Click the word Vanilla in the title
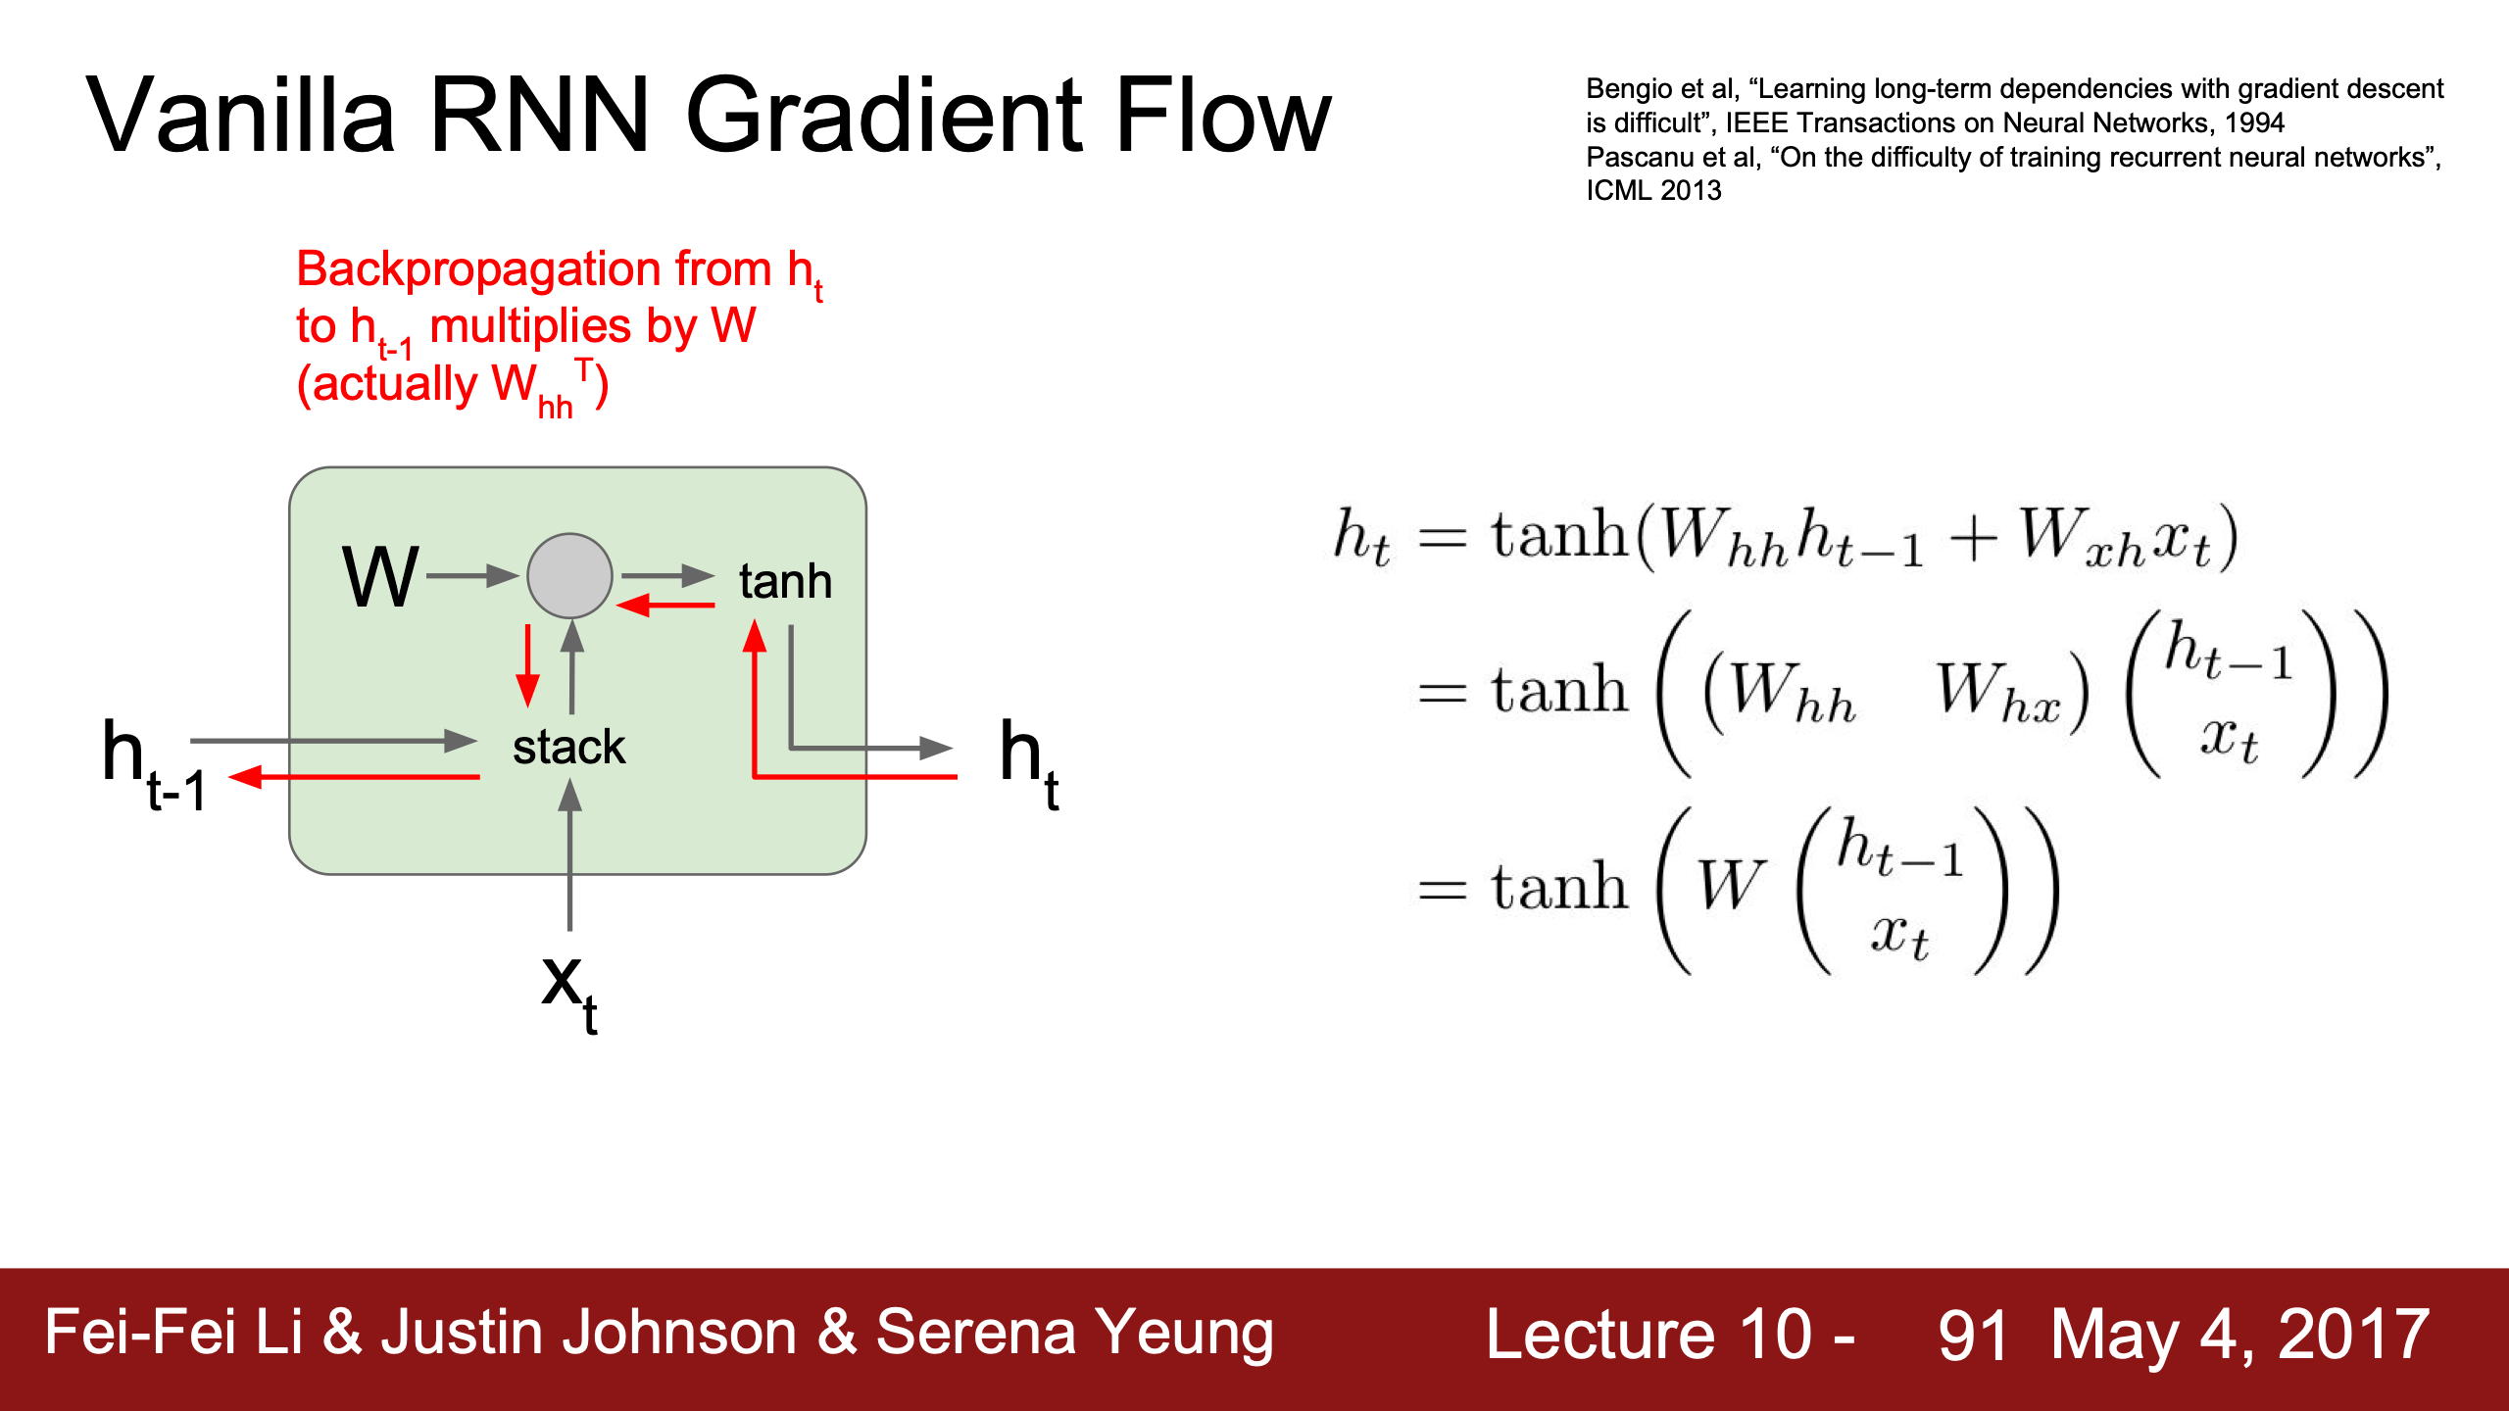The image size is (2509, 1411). pos(241,116)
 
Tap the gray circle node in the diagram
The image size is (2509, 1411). pos(569,575)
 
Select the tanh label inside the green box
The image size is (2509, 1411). pos(785,581)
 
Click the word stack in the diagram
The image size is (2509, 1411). pos(568,747)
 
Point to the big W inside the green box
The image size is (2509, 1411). pos(380,577)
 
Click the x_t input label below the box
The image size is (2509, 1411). pos(569,993)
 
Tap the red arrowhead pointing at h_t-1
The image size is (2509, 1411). pos(246,777)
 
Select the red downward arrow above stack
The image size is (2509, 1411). pos(528,665)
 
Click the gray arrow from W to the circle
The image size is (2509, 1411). pos(472,575)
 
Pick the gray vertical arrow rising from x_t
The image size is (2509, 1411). pos(569,853)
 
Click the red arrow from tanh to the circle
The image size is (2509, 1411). pos(665,606)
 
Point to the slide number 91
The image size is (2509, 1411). pos(1972,1335)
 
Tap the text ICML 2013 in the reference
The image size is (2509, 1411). pos(1653,191)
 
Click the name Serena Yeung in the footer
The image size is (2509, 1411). pos(1075,1335)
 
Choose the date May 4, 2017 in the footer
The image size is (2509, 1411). pos(2240,1336)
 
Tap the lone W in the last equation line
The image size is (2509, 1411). pos(1731,886)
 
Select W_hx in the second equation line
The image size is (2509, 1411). pos(1998,694)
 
